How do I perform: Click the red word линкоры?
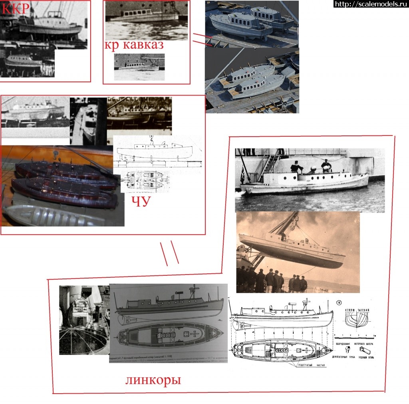coord(153,380)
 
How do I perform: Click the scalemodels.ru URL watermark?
coord(371,4)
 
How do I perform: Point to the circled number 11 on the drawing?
coord(339,302)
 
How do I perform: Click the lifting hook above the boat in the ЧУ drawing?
coord(152,138)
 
